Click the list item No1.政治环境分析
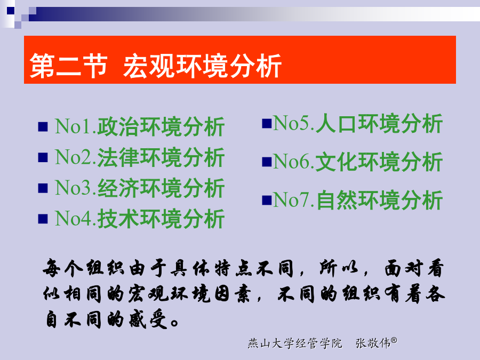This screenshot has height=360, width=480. (x=140, y=126)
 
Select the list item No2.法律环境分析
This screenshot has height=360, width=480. (x=140, y=157)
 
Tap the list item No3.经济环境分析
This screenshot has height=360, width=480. (x=140, y=188)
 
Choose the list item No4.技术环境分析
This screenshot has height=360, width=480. (x=140, y=219)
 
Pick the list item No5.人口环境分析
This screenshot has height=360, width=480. (x=358, y=123)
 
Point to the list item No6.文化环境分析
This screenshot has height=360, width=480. (x=358, y=162)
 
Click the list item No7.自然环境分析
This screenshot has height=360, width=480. (x=358, y=200)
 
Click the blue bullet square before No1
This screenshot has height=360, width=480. (x=43, y=127)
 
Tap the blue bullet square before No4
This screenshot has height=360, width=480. (x=43, y=219)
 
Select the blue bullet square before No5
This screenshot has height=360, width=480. (x=267, y=124)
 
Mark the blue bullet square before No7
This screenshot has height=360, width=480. (x=267, y=200)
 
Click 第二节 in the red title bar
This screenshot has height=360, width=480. (x=69, y=66)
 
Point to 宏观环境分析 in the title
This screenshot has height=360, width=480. (x=202, y=66)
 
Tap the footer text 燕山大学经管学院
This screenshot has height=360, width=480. (x=295, y=343)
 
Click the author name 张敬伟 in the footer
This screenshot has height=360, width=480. (x=373, y=343)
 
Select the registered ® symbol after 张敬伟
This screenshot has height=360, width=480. (x=394, y=340)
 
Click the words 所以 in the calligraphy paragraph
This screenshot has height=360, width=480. (x=339, y=268)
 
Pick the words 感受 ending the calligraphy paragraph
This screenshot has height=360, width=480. (x=148, y=320)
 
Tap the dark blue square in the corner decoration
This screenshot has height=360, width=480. (x=11, y=11)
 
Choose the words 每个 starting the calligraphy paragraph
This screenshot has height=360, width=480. (x=63, y=268)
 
